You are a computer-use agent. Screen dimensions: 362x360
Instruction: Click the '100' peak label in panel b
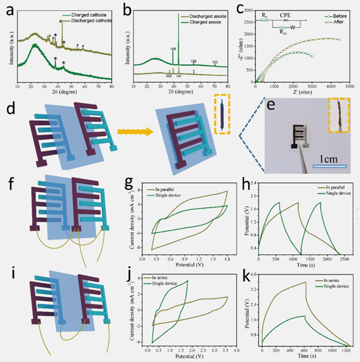point(173,49)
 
